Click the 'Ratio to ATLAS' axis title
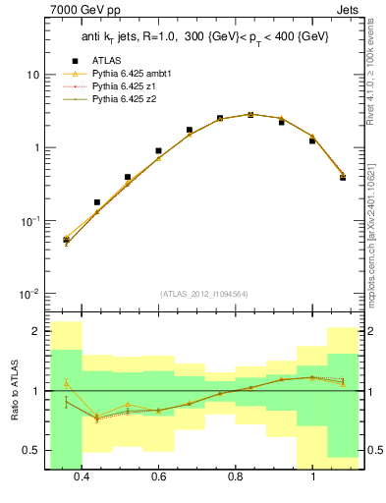click(13, 388)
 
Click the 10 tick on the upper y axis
click(32, 75)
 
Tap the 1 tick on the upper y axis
click(35, 147)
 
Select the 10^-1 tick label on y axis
click(30, 221)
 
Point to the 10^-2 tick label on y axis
click(30, 294)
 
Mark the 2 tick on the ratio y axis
click(36, 331)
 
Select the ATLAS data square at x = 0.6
click(158, 151)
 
